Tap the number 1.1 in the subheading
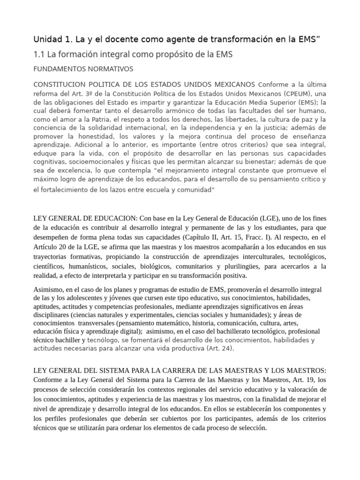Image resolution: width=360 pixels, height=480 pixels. [39, 54]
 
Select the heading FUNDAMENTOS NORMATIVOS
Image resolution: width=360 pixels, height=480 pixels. [83, 69]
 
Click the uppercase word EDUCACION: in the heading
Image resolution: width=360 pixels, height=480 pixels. [117, 218]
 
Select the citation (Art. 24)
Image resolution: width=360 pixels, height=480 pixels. [219, 348]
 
